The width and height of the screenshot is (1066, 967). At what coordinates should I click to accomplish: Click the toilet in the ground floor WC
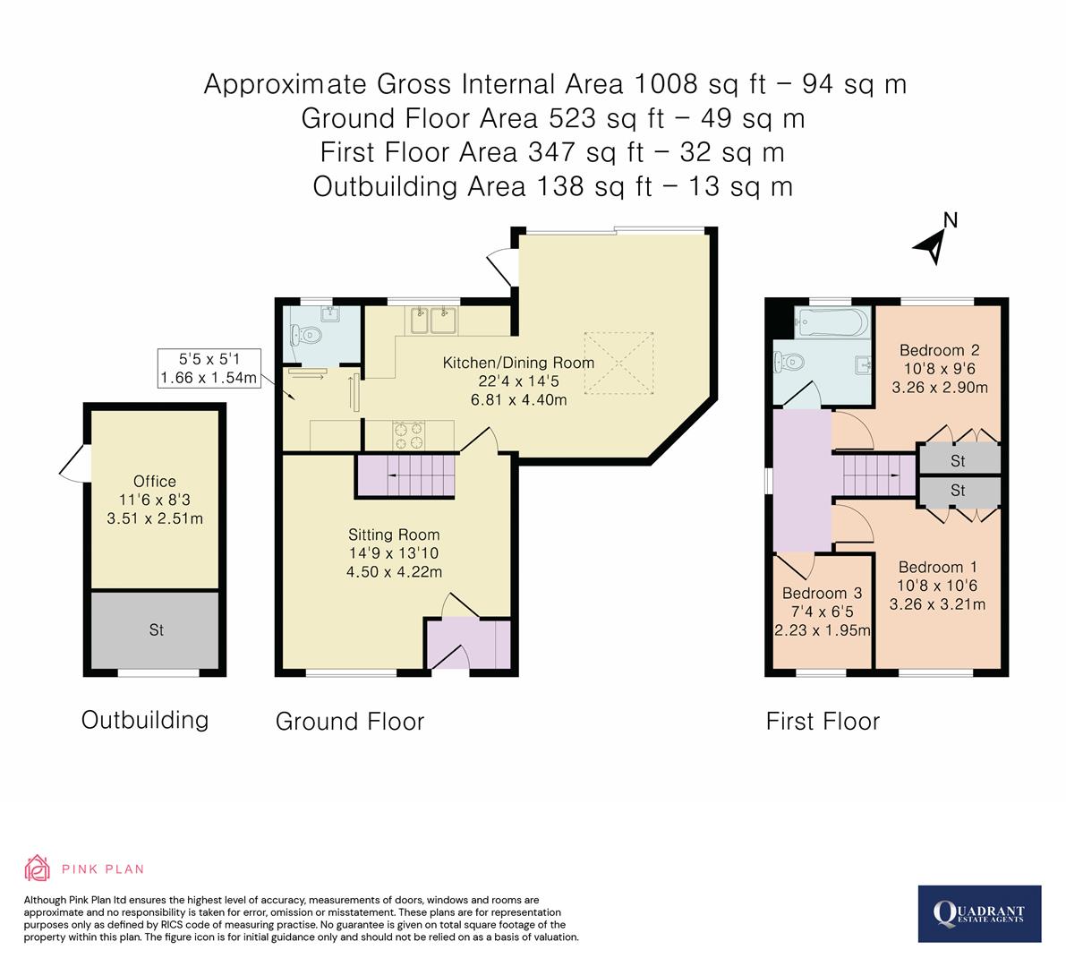click(307, 336)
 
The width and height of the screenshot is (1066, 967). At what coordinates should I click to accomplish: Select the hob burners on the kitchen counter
click(408, 435)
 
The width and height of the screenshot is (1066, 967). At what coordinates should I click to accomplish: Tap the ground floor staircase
click(407, 475)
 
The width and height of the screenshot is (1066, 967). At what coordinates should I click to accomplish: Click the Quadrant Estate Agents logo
click(980, 913)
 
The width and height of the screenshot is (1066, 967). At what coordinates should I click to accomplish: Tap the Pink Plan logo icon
click(37, 869)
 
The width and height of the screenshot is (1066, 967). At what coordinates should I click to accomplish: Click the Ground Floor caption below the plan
click(349, 722)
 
